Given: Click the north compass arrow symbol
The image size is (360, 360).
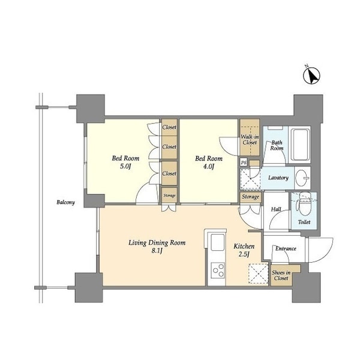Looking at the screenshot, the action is pyautogui.click(x=311, y=76).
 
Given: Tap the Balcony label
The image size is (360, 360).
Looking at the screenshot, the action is pyautogui.click(x=65, y=202).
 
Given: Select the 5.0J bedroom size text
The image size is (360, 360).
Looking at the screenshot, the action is pyautogui.click(x=125, y=166).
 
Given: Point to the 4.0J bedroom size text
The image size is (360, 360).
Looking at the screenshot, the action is pyautogui.click(x=209, y=166).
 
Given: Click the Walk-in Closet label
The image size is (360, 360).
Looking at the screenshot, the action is pyautogui.click(x=250, y=140).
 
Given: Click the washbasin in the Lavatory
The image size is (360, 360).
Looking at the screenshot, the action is pyautogui.click(x=302, y=178).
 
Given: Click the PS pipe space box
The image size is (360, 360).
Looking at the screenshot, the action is pyautogui.click(x=244, y=163).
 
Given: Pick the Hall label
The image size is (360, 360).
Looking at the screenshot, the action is pyautogui.click(x=276, y=209).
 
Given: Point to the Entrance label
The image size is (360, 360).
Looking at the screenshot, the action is pyautogui.click(x=286, y=248).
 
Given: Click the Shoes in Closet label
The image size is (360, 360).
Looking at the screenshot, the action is pyautogui.click(x=281, y=275).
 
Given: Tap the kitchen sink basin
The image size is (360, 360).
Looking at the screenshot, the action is pyautogui.click(x=217, y=242).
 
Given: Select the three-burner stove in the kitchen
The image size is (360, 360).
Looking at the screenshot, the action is pyautogui.click(x=218, y=270).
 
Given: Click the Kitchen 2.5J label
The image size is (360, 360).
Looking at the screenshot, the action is pyautogui.click(x=244, y=250).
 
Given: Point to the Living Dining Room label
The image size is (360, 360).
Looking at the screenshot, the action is pyautogui.click(x=157, y=242).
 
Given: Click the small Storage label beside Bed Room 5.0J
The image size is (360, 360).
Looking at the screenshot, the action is pyautogui.click(x=169, y=196).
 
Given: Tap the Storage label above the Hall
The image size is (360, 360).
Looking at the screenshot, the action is pyautogui.click(x=250, y=197).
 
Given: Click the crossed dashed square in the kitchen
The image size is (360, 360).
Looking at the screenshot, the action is pyautogui.click(x=259, y=274).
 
